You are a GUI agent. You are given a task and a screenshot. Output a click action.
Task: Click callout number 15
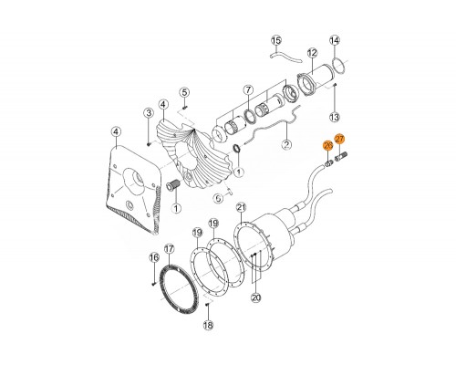(276, 40)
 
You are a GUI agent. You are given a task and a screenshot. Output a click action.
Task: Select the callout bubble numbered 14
(335, 40)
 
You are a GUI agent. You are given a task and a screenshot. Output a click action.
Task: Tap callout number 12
(312, 53)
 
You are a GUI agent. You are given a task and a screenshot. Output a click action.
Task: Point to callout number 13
(335, 117)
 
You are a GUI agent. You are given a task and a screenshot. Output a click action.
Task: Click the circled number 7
(248, 90)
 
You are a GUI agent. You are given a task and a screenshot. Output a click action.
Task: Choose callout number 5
(184, 92)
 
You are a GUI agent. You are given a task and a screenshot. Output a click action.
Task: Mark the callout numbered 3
(149, 113)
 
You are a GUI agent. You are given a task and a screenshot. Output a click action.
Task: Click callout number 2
(286, 144)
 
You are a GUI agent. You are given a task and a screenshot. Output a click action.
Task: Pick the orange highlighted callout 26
(328, 146)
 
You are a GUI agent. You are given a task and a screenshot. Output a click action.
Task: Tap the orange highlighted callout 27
(339, 139)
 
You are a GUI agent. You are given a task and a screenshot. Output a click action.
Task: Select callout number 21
(242, 208)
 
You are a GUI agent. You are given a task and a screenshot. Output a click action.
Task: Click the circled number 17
(169, 249)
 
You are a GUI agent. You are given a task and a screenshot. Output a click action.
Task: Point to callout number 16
(154, 258)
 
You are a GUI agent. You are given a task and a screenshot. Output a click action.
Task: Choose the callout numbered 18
(208, 326)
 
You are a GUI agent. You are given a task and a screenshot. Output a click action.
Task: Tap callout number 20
(256, 297)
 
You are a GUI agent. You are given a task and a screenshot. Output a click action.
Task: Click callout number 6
(219, 199)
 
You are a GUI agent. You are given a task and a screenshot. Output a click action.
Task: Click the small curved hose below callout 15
(285, 57)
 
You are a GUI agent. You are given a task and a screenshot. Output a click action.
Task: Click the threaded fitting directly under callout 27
(341, 158)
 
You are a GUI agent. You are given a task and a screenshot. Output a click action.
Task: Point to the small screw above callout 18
(207, 305)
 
